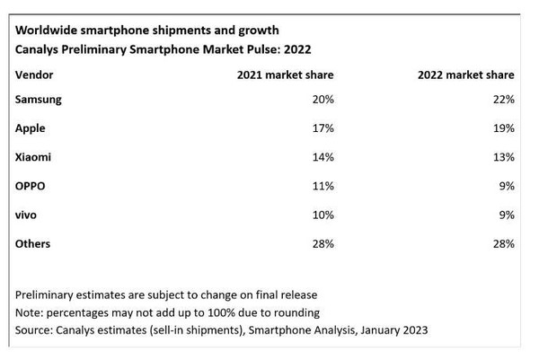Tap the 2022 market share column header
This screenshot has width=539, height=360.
click(465, 75)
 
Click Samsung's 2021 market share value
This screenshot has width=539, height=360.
click(322, 100)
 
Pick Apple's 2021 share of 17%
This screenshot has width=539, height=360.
click(322, 128)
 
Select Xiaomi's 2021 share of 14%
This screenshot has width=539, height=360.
click(322, 157)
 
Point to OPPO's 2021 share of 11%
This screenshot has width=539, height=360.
click(322, 186)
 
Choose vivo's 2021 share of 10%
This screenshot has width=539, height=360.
click(322, 215)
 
